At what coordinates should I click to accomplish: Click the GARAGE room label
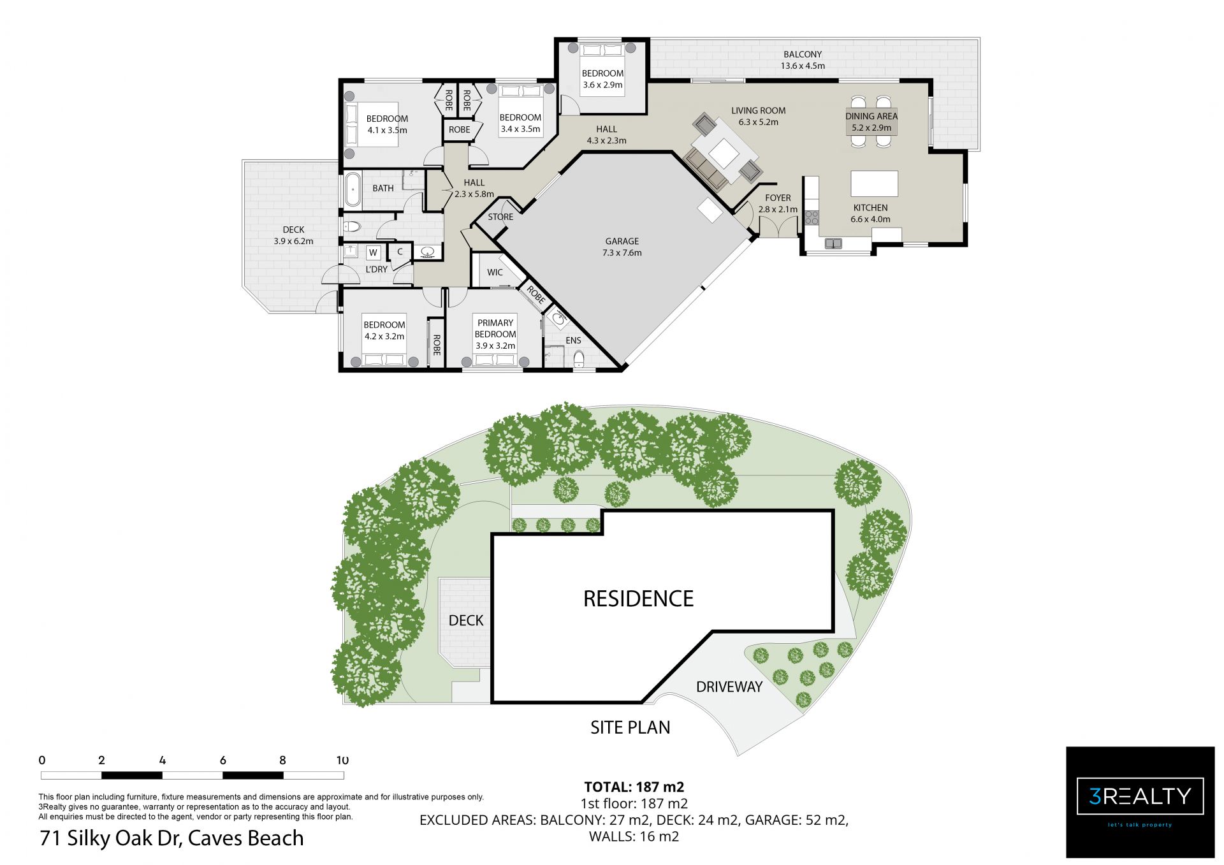(x=622, y=241)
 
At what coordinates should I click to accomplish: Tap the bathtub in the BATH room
(x=352, y=189)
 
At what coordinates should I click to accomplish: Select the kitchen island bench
(x=874, y=184)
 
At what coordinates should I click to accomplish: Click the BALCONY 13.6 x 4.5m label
(x=803, y=60)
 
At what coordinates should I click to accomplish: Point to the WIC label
(x=495, y=272)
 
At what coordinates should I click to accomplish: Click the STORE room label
(x=500, y=217)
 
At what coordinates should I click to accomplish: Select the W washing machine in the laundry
(x=374, y=252)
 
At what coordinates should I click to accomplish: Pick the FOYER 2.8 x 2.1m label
(x=778, y=203)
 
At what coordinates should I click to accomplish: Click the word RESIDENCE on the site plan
(x=638, y=599)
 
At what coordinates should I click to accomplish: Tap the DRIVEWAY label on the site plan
(x=729, y=687)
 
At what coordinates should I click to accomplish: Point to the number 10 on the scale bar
(x=342, y=760)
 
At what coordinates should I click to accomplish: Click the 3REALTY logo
(x=1140, y=802)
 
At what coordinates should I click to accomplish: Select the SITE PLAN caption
(x=630, y=727)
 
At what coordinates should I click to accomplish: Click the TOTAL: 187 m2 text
(x=634, y=787)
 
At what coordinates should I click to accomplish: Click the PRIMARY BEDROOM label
(x=495, y=328)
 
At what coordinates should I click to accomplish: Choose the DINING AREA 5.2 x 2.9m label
(x=871, y=122)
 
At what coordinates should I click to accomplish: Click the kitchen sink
(x=833, y=243)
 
